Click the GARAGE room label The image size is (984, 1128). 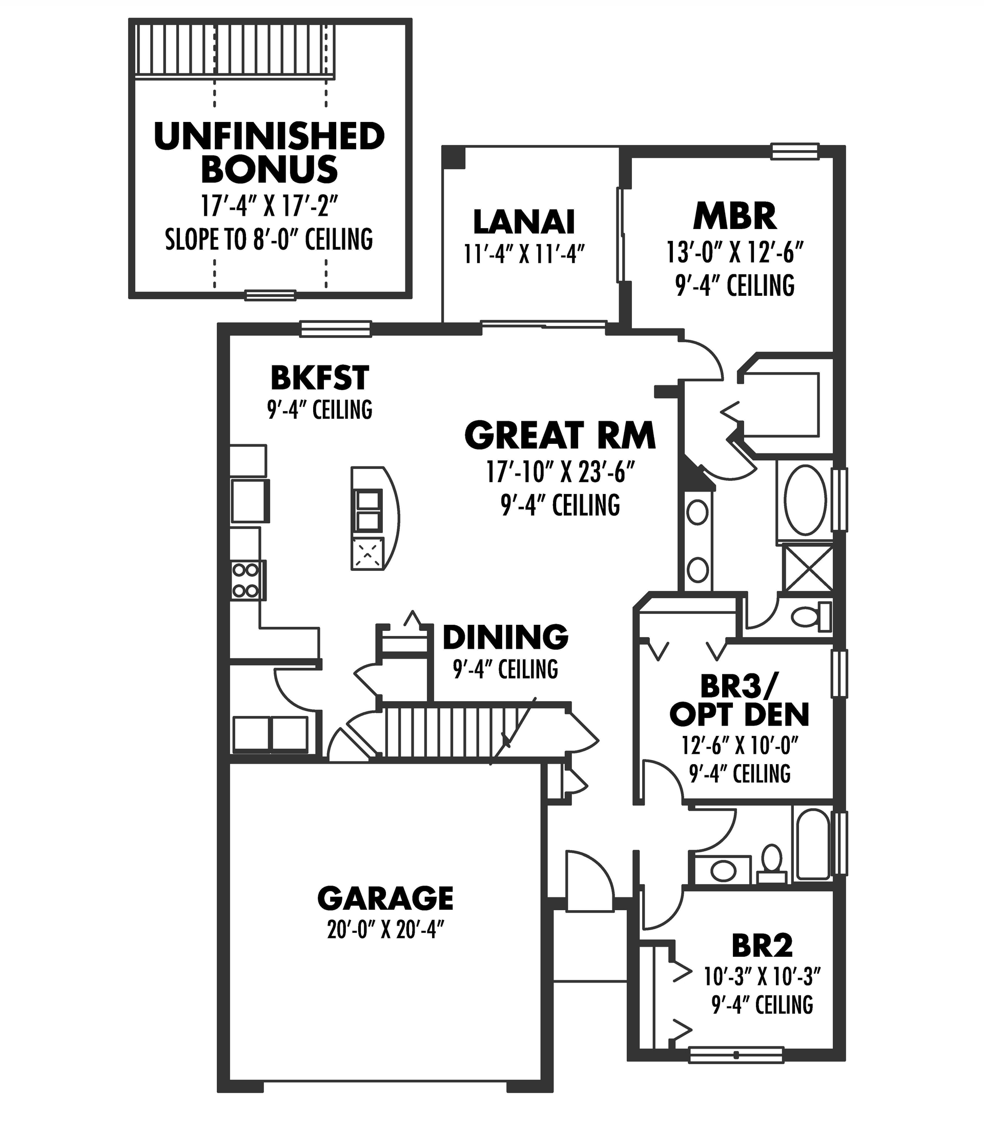click(385, 898)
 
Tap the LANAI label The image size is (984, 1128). click(524, 222)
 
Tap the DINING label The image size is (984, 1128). click(505, 637)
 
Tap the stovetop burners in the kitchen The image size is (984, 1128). click(245, 580)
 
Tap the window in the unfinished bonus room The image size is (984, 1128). click(270, 296)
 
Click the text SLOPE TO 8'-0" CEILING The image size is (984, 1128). click(269, 239)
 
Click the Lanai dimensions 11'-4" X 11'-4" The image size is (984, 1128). click(524, 254)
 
